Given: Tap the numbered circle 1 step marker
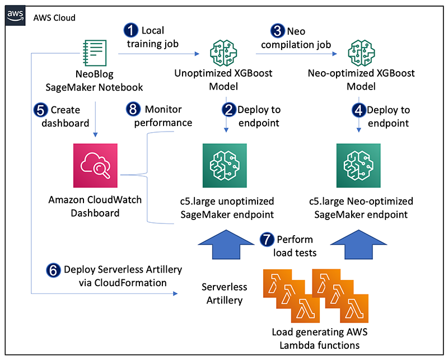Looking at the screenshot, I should tap(132, 31).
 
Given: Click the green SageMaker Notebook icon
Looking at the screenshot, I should tap(95, 53).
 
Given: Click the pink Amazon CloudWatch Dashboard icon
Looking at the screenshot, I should tap(95, 165).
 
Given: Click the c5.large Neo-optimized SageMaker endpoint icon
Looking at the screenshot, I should tap(358, 165).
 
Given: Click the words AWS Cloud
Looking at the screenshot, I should tap(54, 18).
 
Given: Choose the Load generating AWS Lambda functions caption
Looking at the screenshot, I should tap(319, 339).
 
